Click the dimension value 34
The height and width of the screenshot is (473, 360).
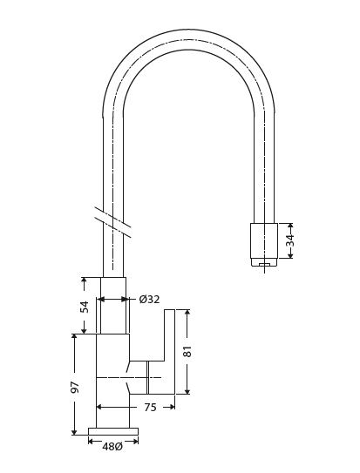(290, 240)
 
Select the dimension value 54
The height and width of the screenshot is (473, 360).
(85, 306)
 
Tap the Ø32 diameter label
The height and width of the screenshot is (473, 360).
(149, 300)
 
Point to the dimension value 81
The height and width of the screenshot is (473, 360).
(187, 351)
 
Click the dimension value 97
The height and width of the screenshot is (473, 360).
(75, 386)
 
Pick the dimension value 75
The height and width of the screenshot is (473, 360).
(150, 407)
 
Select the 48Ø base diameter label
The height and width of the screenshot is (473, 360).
(112, 447)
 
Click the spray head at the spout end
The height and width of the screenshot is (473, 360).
(263, 240)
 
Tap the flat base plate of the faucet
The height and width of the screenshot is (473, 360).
(112, 431)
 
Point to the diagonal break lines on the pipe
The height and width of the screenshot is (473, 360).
(112, 222)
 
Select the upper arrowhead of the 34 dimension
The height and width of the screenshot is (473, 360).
(290, 226)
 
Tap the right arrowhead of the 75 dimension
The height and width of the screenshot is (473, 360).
(172, 407)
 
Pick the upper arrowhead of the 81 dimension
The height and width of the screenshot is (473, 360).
(187, 312)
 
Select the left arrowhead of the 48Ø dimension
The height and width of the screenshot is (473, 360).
(91, 441)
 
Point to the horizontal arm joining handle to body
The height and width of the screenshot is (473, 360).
(146, 360)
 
